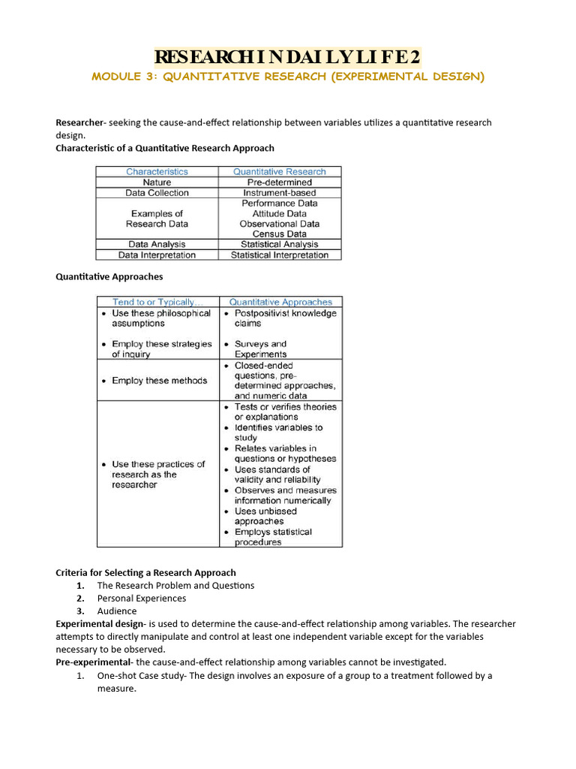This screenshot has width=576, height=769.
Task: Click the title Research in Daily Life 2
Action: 288,57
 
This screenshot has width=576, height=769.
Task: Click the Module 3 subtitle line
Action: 288,77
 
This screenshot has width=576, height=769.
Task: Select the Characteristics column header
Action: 157,171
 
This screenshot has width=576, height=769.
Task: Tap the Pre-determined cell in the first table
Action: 279,182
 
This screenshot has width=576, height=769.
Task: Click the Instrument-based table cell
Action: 279,193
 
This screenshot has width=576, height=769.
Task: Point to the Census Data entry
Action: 279,234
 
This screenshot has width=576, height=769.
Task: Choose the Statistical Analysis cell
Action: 279,244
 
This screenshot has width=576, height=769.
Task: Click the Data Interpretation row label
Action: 157,255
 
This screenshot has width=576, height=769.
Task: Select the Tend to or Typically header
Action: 157,302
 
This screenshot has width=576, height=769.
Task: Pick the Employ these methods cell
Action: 159,381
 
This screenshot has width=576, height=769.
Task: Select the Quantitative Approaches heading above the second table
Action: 109,276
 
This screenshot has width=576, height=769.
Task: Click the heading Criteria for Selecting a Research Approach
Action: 145,572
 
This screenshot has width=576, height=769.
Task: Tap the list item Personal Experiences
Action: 141,599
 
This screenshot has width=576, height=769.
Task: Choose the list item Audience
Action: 117,611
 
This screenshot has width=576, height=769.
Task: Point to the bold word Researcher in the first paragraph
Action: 80,122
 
